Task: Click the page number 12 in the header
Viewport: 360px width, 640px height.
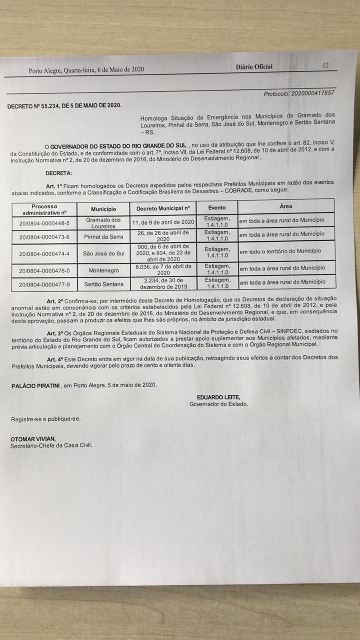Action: [325, 65]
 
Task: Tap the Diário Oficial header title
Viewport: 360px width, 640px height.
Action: [254, 67]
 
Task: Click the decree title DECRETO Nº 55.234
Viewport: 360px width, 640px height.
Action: [64, 105]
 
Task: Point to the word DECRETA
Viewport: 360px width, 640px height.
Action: [58, 173]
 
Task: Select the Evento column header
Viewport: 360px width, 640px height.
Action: [216, 207]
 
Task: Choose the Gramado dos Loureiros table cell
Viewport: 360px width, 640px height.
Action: [103, 223]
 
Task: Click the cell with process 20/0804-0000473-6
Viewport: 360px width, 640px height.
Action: [44, 237]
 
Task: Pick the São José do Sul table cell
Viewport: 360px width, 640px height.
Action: [103, 253]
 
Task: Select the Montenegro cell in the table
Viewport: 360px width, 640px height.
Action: [103, 270]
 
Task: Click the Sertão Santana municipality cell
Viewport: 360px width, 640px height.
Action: [103, 284]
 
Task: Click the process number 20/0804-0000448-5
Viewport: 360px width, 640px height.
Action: [44, 223]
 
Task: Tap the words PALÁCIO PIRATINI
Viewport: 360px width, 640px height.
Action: [35, 385]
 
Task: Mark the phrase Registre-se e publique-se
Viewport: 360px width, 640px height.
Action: [45, 419]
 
